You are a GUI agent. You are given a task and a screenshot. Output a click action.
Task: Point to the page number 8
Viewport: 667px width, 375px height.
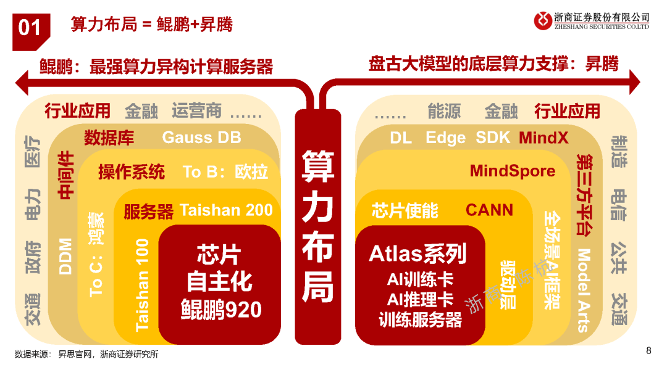click(x=648, y=351)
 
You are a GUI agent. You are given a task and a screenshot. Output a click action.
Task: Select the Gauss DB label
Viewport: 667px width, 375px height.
click(x=201, y=138)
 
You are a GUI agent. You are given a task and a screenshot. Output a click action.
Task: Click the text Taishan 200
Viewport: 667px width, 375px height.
click(x=226, y=210)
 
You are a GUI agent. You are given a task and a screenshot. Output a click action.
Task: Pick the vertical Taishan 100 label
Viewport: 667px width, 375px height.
click(x=142, y=284)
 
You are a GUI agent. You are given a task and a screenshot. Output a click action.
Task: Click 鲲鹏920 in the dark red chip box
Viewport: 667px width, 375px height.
click(x=221, y=309)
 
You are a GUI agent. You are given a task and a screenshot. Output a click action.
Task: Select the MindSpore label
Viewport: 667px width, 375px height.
click(x=512, y=171)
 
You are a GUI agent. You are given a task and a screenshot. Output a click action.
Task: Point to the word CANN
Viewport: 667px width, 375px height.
click(x=489, y=210)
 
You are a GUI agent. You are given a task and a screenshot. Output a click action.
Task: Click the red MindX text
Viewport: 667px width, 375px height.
click(x=543, y=138)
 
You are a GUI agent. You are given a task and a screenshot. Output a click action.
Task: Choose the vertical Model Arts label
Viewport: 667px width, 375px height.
click(x=583, y=290)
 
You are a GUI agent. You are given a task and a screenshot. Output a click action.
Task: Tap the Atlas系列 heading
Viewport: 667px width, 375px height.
click(x=417, y=253)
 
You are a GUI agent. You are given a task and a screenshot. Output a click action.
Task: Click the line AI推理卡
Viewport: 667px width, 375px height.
click(x=420, y=300)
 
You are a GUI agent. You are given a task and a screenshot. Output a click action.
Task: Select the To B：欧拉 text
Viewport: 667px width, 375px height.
click(x=225, y=172)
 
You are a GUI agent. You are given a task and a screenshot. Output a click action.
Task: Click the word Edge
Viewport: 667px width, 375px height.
click(x=445, y=138)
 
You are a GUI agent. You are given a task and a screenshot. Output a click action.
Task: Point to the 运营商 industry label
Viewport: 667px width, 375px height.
click(x=196, y=110)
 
